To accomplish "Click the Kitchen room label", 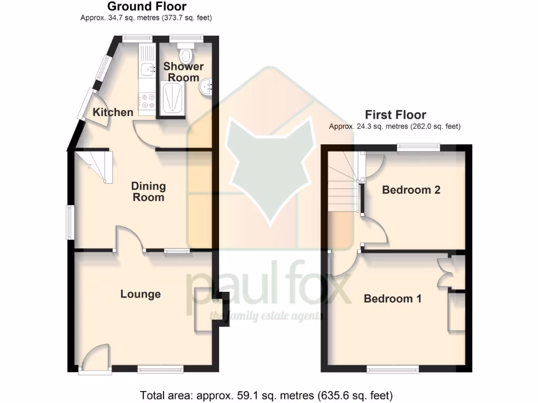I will [x=113, y=112].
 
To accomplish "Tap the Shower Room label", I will [x=183, y=72].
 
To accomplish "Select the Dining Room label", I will [x=148, y=192].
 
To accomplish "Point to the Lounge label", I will [x=140, y=294].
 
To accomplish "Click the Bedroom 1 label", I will [x=392, y=299].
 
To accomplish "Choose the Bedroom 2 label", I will [x=411, y=190].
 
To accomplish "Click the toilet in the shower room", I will [x=186, y=54].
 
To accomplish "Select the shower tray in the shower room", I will [x=172, y=98].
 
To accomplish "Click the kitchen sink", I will [x=147, y=67].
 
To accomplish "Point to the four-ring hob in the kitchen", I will [x=147, y=101].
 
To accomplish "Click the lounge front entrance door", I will [x=95, y=362].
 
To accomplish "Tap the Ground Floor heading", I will [x=147, y=7].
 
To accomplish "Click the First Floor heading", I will [x=395, y=115].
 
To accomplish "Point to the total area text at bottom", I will [x=266, y=395].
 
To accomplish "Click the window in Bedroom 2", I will [x=418, y=148].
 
